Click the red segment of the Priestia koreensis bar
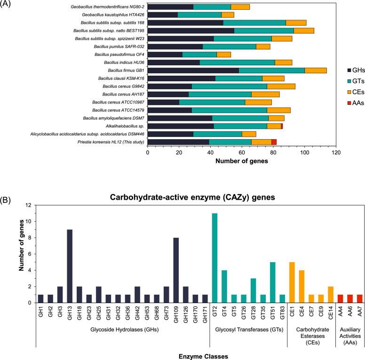pos(274,141)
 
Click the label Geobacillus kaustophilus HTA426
pos(111,15)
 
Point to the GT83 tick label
pos(282,312)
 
